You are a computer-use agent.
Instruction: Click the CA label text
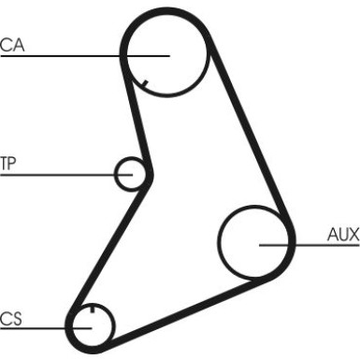[x=12, y=43]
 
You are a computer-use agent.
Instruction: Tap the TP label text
[x=8, y=164]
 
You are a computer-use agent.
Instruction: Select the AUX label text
[x=342, y=234]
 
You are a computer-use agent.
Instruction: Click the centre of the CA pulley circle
[x=166, y=55]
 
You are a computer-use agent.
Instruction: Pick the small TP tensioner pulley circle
[x=132, y=173]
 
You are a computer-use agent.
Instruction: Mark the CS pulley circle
[x=92, y=326]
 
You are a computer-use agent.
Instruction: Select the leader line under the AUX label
[x=299, y=245]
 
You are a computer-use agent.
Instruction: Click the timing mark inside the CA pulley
[x=143, y=87]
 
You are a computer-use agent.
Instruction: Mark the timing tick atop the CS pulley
[x=93, y=310]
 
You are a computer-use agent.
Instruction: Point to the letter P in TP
[x=12, y=164]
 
